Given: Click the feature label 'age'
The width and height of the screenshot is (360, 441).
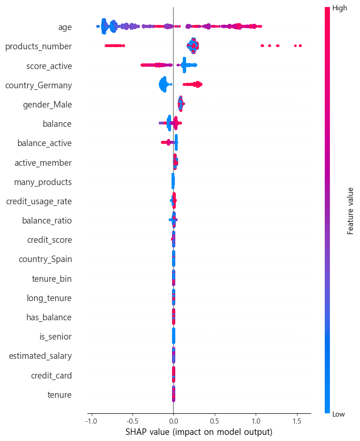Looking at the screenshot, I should tap(65, 27).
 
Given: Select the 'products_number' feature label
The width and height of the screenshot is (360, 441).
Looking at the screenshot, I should tap(38, 46).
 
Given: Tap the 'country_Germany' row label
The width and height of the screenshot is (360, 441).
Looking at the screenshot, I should tap(38, 85).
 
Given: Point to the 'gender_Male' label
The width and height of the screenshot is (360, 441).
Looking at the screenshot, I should tap(47, 105).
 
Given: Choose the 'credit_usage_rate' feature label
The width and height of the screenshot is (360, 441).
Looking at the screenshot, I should tap(39, 201).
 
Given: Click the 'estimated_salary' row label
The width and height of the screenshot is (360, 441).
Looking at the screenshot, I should tap(40, 356).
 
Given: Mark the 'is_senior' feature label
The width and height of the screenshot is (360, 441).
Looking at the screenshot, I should tap(55, 337).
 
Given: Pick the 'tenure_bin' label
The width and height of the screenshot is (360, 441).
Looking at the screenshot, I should tap(52, 279).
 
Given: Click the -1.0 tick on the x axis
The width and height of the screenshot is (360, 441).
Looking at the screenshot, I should tap(91, 420).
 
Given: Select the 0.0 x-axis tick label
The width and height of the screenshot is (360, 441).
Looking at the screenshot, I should tap(173, 420).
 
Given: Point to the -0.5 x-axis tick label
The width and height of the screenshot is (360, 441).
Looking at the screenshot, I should tap(132, 420).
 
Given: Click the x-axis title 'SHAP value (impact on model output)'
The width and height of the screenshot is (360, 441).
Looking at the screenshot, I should tap(199, 432).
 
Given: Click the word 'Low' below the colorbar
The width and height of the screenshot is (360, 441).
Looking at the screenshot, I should tap(338, 413).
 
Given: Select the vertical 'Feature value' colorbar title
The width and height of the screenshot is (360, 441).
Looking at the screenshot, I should tap(350, 211).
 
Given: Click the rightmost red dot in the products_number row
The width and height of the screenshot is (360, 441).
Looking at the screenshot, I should tap(300, 46).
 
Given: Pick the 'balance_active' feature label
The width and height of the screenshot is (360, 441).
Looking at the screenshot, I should tap(45, 143).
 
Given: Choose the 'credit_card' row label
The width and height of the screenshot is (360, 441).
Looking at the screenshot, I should tap(51, 376).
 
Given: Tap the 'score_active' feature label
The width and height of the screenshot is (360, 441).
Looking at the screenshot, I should tap(49, 66).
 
